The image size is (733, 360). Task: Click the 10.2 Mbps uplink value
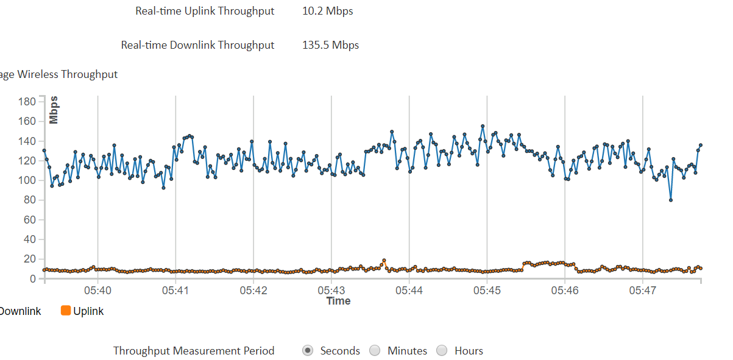(x=327, y=11)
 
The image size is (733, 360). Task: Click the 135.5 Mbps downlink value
(x=330, y=45)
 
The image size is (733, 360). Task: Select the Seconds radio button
(x=308, y=350)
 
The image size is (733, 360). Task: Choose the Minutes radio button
(x=375, y=350)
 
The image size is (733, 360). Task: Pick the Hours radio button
(x=442, y=350)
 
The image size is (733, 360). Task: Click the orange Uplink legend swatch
(x=66, y=311)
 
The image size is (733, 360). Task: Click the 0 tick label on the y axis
(x=34, y=279)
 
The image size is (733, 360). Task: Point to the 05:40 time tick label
(x=97, y=291)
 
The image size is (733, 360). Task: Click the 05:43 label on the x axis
(x=331, y=291)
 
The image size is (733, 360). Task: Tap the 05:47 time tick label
(x=642, y=291)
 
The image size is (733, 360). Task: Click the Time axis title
(x=338, y=301)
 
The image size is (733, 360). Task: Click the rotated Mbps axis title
(x=54, y=110)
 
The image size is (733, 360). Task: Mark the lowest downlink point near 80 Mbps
(x=671, y=200)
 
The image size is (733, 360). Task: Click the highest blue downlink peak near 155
(x=483, y=126)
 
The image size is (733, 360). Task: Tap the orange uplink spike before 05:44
(x=384, y=261)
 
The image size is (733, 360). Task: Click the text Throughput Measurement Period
(x=194, y=350)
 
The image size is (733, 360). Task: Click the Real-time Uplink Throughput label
(x=205, y=11)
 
